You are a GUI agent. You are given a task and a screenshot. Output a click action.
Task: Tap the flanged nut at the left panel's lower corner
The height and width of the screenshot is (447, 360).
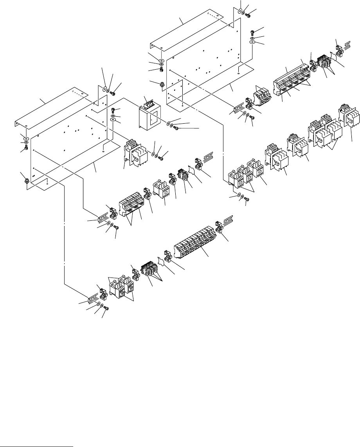tap(26, 180)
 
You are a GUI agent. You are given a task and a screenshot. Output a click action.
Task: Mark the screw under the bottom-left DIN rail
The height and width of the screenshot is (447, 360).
tap(106, 308)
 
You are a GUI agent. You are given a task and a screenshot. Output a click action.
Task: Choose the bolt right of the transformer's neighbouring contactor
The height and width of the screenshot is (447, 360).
tap(160, 158)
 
